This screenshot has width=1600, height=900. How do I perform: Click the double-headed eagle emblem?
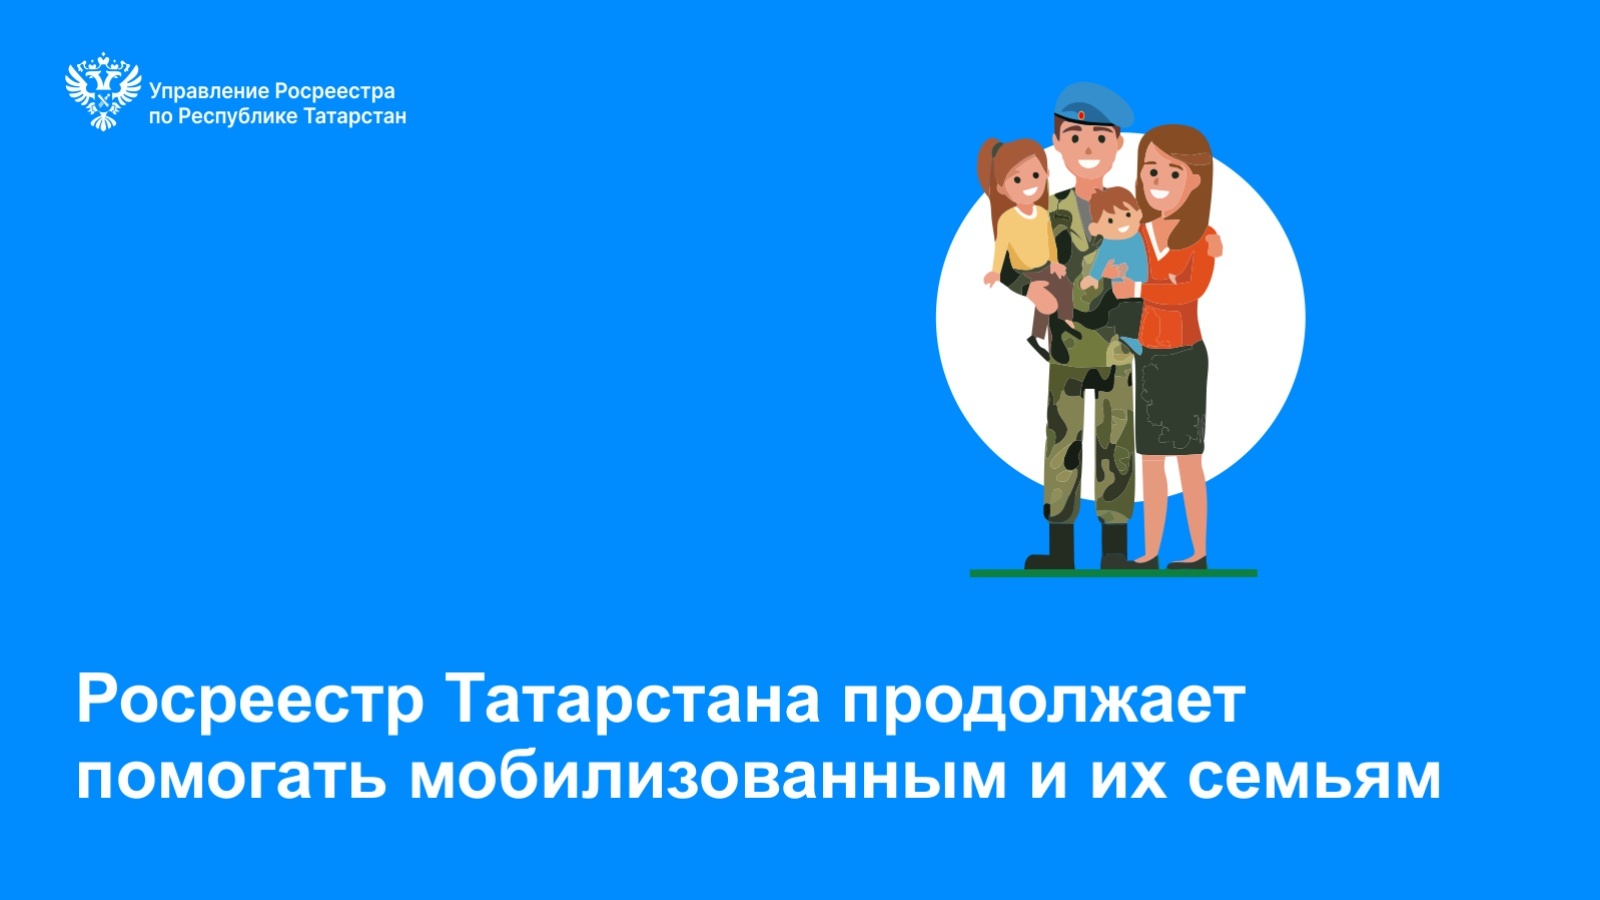pyautogui.click(x=103, y=91)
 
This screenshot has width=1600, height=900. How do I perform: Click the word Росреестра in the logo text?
pyautogui.click(x=334, y=92)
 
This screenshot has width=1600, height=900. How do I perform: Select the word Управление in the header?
pyautogui.click(x=209, y=92)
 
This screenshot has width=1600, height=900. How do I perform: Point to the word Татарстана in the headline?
pyautogui.click(x=636, y=699)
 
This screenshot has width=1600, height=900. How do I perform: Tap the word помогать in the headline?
pyautogui.click(x=231, y=776)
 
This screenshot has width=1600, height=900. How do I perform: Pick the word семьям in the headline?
pyautogui.click(x=1315, y=778)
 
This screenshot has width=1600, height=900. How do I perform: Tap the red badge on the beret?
pyautogui.click(x=1081, y=115)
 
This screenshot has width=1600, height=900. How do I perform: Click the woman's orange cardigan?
pyautogui.click(x=1176, y=287)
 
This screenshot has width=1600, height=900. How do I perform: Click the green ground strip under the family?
pyautogui.click(x=1113, y=573)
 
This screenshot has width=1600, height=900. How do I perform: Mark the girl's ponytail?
pyautogui.click(x=988, y=175)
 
